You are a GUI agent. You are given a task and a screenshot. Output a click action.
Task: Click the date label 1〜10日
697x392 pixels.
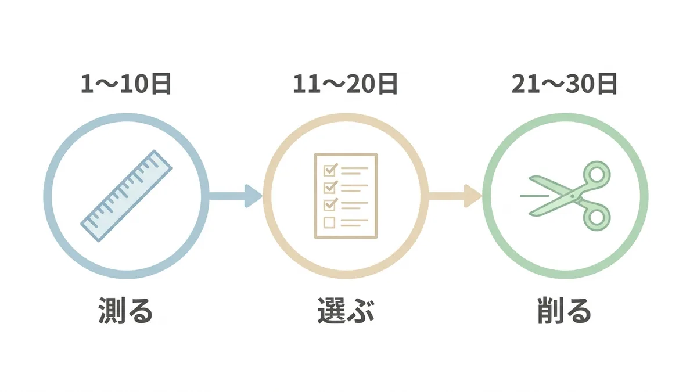click(x=126, y=84)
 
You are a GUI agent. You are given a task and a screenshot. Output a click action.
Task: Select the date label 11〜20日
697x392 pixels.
click(x=346, y=84)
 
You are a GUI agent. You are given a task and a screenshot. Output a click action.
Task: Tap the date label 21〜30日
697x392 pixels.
click(x=565, y=84)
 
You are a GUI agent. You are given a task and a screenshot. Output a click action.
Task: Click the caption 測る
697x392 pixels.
click(x=125, y=311)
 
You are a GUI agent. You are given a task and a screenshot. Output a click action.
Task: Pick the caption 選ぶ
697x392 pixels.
click(x=346, y=311)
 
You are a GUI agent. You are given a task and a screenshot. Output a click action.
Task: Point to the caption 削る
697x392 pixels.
click(x=564, y=311)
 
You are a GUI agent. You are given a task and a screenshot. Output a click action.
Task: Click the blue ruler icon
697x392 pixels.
click(x=127, y=196)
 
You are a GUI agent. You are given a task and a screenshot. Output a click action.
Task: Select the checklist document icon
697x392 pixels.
click(x=346, y=196)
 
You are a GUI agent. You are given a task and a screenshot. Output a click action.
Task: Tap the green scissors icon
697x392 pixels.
click(x=565, y=196)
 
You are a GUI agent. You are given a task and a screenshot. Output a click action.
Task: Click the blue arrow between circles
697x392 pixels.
click(x=236, y=196)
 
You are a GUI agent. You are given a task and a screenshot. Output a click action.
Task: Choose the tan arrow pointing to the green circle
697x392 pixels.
click(x=455, y=196)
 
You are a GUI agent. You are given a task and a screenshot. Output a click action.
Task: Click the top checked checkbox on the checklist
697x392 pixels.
click(x=330, y=170)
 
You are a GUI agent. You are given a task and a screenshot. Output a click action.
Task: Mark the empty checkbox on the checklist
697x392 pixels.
click(x=329, y=222)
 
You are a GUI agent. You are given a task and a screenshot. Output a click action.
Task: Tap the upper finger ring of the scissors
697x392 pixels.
click(x=597, y=174)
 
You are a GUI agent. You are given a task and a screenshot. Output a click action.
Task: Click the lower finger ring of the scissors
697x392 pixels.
click(x=597, y=217)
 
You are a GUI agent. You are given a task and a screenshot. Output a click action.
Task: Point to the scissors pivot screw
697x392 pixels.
click(x=572, y=196)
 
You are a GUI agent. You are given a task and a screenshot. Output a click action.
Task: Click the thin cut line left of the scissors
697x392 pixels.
click(x=534, y=196)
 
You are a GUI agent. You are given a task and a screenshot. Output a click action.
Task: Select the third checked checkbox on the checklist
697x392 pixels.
click(x=330, y=204)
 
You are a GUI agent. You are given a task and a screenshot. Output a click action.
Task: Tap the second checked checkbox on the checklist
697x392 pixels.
click(x=330, y=187)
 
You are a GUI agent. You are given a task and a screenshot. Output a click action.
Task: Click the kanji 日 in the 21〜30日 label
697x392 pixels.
click(x=607, y=84)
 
